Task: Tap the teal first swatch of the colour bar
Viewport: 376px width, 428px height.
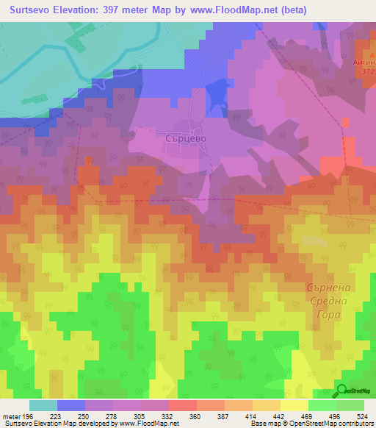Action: [x=43, y=405]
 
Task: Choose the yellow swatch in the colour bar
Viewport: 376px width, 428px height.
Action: [x=293, y=405]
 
